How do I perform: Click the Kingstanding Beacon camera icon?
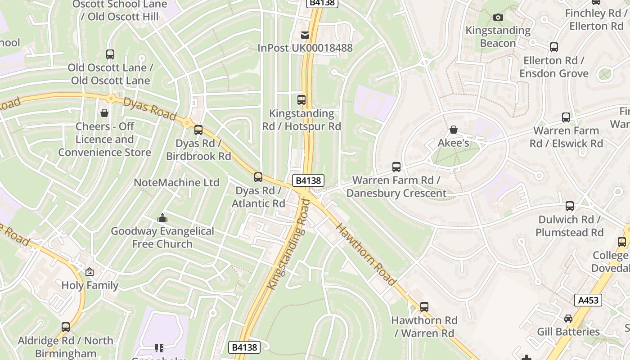point(498,18)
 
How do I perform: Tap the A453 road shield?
point(588,300)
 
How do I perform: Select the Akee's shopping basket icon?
point(454,130)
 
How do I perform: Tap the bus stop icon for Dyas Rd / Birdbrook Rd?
point(198,130)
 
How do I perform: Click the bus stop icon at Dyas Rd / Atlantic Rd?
point(258,177)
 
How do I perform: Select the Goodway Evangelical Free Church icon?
point(162,218)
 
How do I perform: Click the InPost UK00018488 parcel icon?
point(305,35)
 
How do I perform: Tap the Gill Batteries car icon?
point(568,319)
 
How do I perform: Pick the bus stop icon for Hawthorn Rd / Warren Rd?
point(424,307)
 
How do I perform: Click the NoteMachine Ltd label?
point(176,182)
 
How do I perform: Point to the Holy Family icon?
point(90,272)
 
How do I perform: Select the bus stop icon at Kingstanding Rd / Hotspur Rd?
point(301,100)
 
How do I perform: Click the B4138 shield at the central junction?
point(308,180)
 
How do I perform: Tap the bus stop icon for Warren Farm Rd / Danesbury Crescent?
point(396,167)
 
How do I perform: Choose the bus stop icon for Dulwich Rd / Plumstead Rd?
point(570,207)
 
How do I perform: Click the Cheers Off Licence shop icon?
point(104,113)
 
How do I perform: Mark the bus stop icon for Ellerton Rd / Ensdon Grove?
point(554,47)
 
